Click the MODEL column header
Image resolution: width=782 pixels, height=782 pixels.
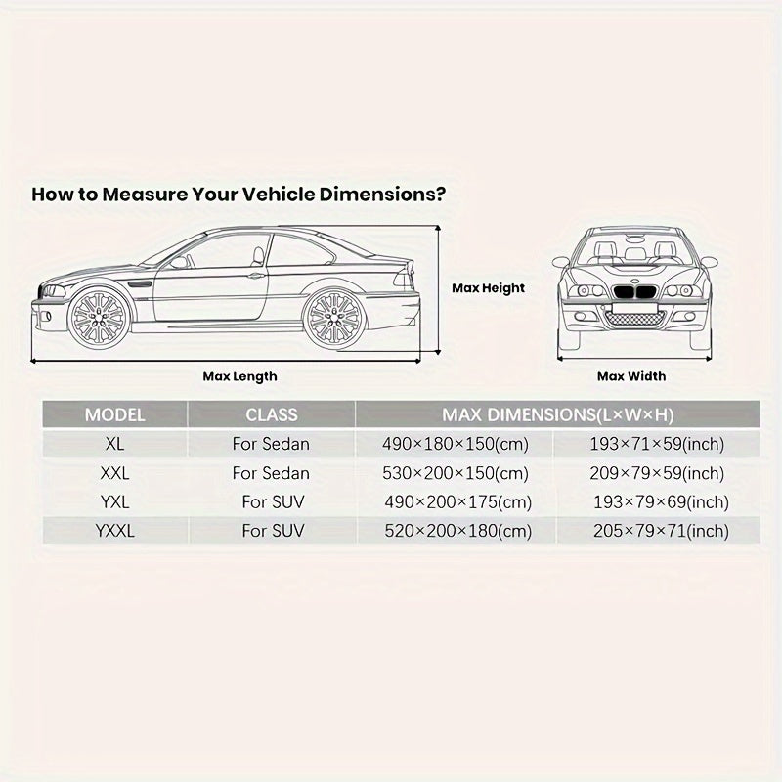tap(114, 414)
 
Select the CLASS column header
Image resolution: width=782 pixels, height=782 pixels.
tap(271, 414)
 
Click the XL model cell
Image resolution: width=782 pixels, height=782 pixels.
tap(114, 444)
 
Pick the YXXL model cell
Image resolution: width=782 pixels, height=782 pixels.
tap(114, 532)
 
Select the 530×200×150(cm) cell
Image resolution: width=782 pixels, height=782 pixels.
tap(456, 473)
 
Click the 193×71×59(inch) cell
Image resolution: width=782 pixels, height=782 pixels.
tap(657, 444)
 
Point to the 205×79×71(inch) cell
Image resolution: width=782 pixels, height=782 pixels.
tap(660, 532)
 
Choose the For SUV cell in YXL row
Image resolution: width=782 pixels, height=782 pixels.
tap(273, 502)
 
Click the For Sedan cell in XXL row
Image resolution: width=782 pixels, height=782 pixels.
tap(271, 473)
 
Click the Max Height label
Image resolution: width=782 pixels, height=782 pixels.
tap(488, 288)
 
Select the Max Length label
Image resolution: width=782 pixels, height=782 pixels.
tap(239, 376)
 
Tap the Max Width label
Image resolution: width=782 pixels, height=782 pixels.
tap(631, 376)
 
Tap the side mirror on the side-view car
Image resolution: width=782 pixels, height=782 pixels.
tap(178, 262)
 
